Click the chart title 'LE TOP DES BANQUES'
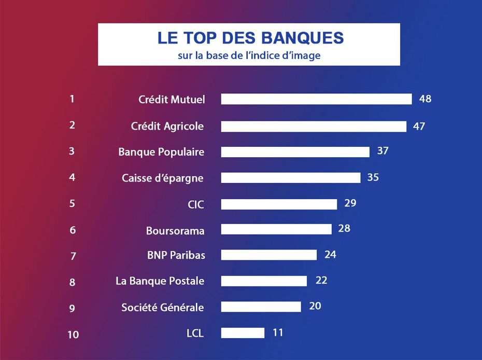pyautogui.click(x=250, y=38)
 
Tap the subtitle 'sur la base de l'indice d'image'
pyautogui.click(x=249, y=56)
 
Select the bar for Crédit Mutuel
pyautogui.click(x=316, y=99)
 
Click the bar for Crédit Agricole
pyautogui.click(x=314, y=126)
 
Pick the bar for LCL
pyautogui.click(x=243, y=333)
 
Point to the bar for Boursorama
pyautogui.click(x=276, y=229)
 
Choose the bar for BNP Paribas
pyautogui.click(x=268, y=255)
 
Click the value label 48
pyautogui.click(x=425, y=99)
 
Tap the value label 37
pyautogui.click(x=382, y=151)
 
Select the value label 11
pyautogui.click(x=278, y=333)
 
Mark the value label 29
pyautogui.click(x=350, y=203)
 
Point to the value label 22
pyautogui.click(x=321, y=281)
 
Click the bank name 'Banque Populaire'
pyautogui.click(x=161, y=152)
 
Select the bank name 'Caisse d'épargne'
pyautogui.click(x=163, y=178)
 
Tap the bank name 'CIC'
pyautogui.click(x=196, y=204)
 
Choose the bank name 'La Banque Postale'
pyautogui.click(x=160, y=281)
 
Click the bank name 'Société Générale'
pyautogui.click(x=163, y=308)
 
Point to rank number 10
pyautogui.click(x=73, y=335)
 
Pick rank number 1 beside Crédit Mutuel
pyautogui.click(x=72, y=99)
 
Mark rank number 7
pyautogui.click(x=73, y=256)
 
